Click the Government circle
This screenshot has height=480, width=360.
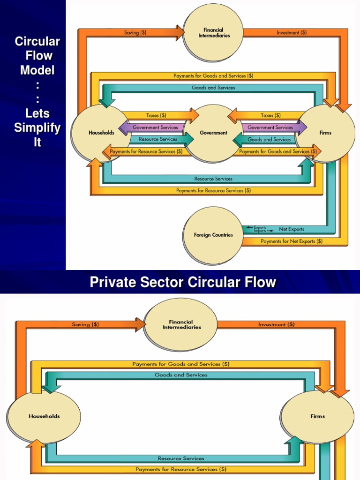213,133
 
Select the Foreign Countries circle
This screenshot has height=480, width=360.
213,235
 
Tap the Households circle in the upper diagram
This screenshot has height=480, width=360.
100,133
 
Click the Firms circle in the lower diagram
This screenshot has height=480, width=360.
317,416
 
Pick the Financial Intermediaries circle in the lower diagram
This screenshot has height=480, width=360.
181,325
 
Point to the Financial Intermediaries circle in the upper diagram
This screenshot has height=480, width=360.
213,33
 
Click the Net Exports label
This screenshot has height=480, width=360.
292,229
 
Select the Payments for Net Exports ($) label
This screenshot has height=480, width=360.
292,241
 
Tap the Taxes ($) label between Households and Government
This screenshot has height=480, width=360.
156,115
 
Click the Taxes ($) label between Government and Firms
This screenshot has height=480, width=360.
270,115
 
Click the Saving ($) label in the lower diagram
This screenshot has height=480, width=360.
85,324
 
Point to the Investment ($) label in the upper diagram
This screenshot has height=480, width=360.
292,33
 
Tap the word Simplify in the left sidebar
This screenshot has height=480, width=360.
37,127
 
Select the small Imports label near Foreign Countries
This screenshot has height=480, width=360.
260,231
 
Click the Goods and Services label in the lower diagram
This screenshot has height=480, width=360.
181,375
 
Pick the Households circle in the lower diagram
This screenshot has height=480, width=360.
44,416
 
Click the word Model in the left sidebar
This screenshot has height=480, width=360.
37,70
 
